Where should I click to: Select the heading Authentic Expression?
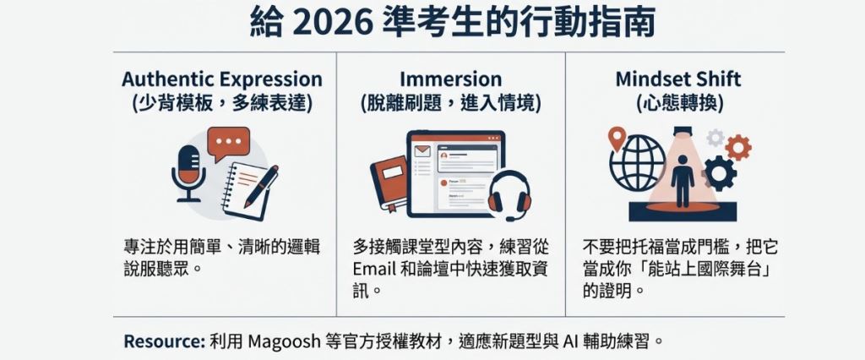pyautogui.click(x=222, y=79)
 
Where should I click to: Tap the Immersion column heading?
pyautogui.click(x=451, y=79)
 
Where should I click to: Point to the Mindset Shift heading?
pyautogui.click(x=678, y=79)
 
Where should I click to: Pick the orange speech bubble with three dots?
pyautogui.click(x=228, y=143)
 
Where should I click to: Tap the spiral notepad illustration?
pyautogui.click(x=246, y=191)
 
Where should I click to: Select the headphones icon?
pyautogui.click(x=509, y=195)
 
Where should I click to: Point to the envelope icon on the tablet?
pyautogui.click(x=422, y=150)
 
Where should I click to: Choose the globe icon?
pyautogui.click(x=638, y=163)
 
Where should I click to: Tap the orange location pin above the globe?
pyautogui.click(x=617, y=138)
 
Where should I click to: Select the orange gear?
pyautogui.click(x=738, y=147)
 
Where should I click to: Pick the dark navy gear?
pyautogui.click(x=720, y=173)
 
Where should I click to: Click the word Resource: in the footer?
pyautogui.click(x=164, y=341)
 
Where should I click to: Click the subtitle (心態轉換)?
pyautogui.click(x=678, y=103)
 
